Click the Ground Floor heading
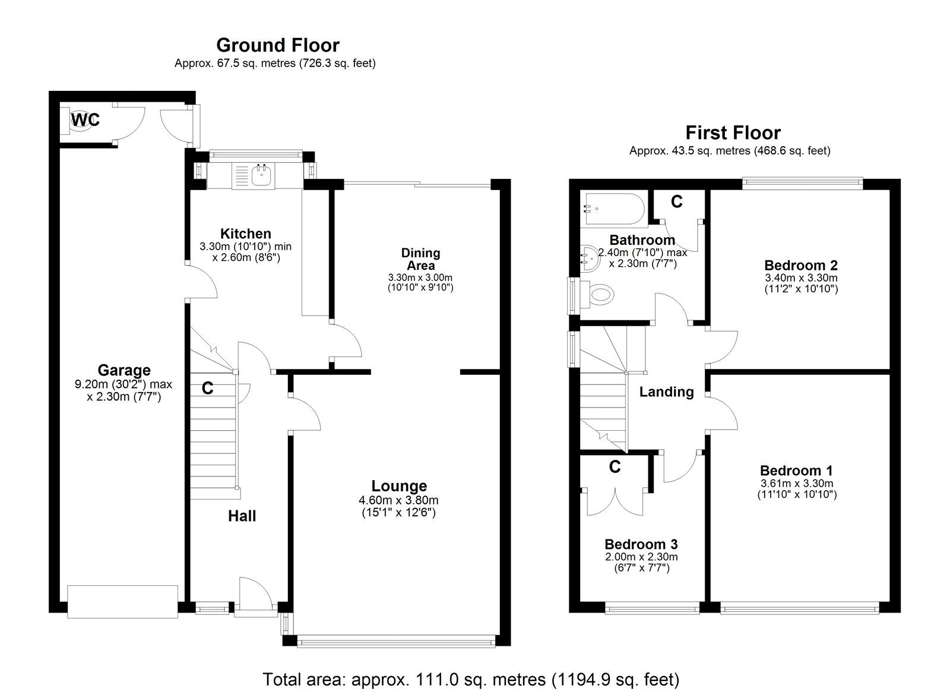point(277,45)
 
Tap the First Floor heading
point(733,132)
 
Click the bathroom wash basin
point(590,260)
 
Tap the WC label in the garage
point(85,120)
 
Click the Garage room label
point(123,371)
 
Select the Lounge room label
point(399,487)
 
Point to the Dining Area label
point(420,259)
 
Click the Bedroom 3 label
point(641,544)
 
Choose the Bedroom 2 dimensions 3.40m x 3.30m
point(800,277)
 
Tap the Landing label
point(666,392)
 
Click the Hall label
point(242,516)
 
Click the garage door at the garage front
point(122,601)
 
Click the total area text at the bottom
point(471,679)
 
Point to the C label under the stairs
point(207,389)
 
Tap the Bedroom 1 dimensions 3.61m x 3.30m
point(796,483)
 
